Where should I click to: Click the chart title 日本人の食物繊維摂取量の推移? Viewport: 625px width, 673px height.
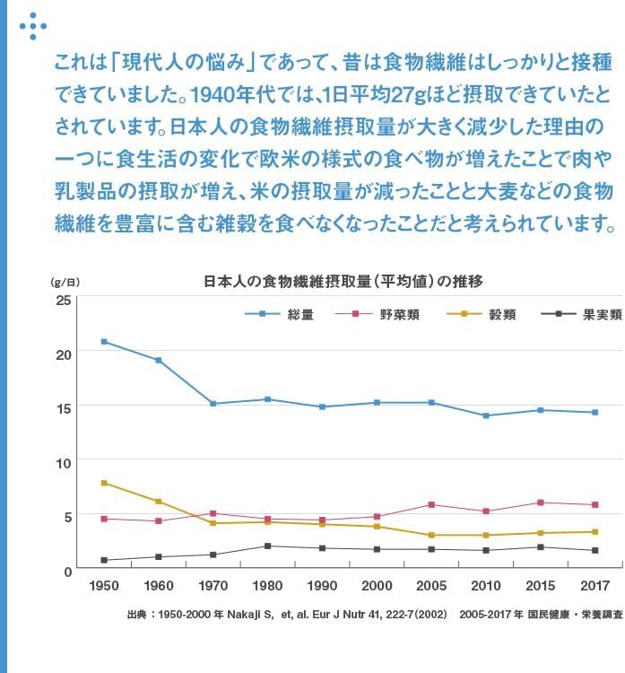coord(343,281)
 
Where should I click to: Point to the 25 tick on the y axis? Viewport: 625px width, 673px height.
coord(63,299)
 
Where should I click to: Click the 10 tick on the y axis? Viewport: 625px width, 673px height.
coord(63,462)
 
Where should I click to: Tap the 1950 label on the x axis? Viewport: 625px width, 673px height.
coord(103,585)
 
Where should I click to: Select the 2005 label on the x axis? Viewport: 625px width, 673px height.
coord(431,585)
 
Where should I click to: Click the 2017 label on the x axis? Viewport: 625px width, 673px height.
coord(595,585)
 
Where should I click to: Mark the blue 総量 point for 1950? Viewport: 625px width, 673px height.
coord(104,342)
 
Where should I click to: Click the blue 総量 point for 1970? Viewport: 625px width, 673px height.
coord(213,404)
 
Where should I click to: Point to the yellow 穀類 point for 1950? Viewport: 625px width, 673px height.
coord(104,483)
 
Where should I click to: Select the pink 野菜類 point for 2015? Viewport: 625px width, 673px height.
coord(540,503)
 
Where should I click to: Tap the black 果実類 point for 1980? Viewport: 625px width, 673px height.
coord(267,546)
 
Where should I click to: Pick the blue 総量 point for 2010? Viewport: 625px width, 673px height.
coord(485,415)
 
